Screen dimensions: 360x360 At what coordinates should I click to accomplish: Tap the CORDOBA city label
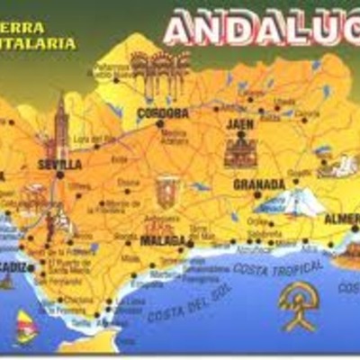[x=163, y=113]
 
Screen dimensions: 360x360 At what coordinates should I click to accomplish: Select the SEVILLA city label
[x=61, y=165]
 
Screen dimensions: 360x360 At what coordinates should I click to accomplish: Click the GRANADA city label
[x=259, y=184]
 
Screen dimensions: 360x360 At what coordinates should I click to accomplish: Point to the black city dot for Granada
[x=256, y=194]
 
